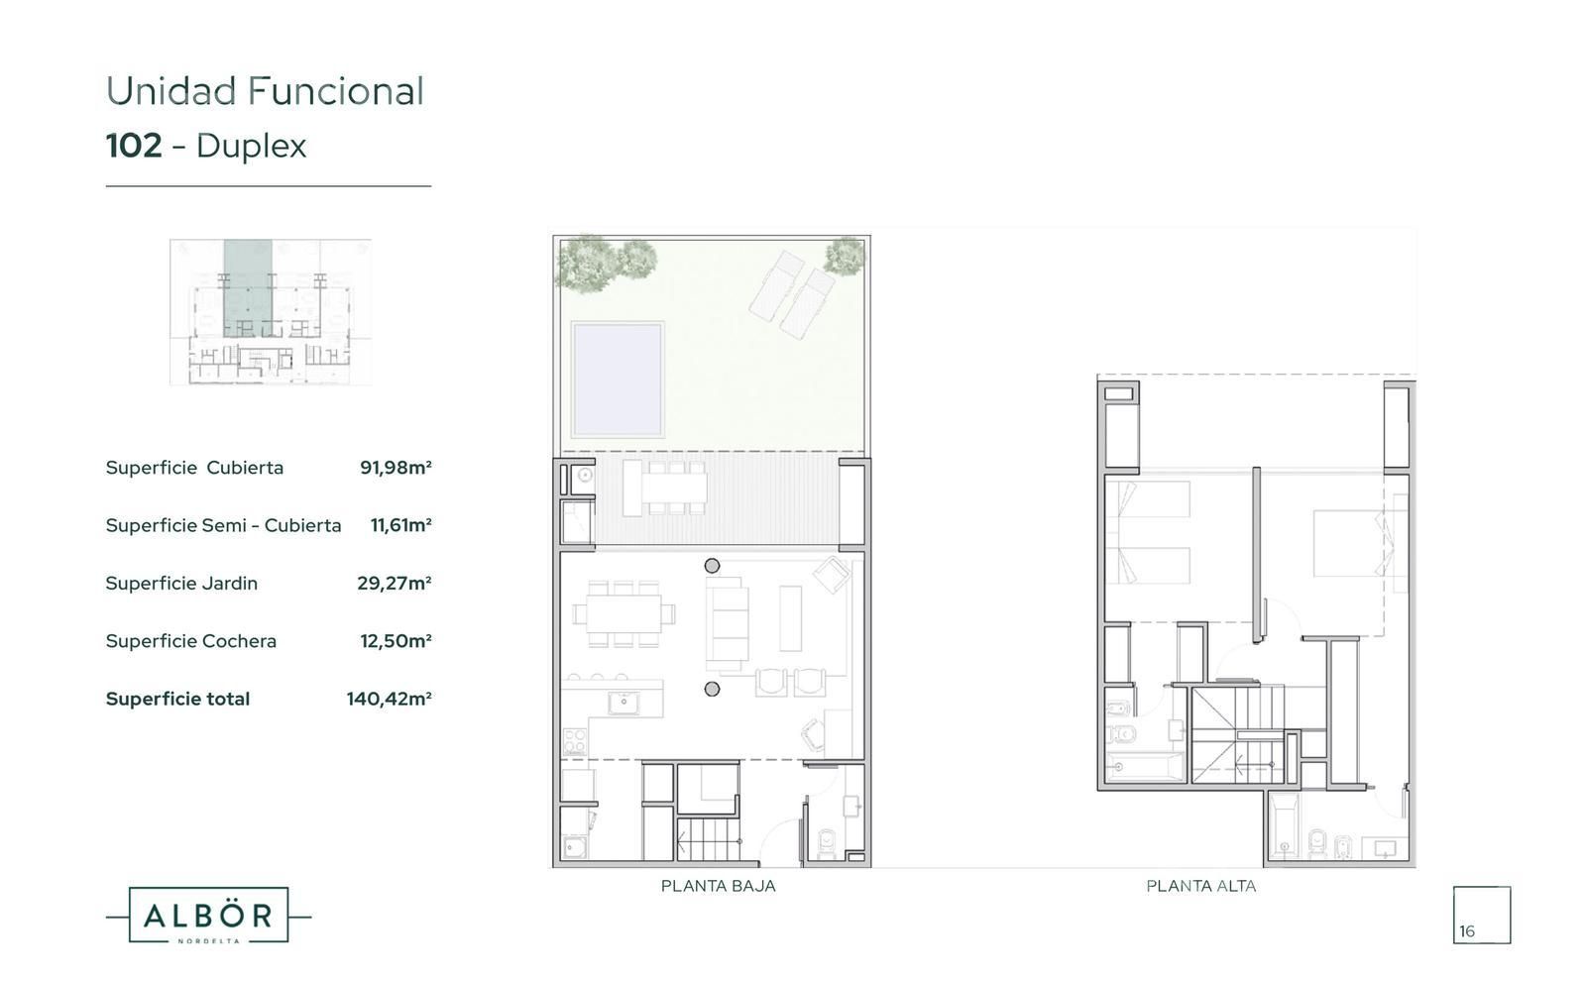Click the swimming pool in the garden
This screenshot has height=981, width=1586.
(618, 379)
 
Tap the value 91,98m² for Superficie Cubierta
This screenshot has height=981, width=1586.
(396, 467)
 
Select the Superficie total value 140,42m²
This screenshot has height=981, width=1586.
(389, 699)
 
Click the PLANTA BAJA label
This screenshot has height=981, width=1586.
(718, 886)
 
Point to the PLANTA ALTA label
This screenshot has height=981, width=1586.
(1200, 886)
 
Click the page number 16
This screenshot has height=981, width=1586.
(1466, 931)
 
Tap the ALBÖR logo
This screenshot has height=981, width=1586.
(208, 916)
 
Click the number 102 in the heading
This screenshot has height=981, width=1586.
(134, 146)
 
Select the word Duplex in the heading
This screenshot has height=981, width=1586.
(252, 148)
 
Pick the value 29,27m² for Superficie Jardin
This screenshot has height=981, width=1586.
(395, 584)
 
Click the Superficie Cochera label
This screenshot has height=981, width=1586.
(191, 641)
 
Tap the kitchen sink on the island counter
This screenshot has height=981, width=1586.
(623, 703)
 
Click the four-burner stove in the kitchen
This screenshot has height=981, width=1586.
(574, 742)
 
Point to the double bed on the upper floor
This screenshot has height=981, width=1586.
(1349, 544)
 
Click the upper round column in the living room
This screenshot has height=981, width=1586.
(713, 566)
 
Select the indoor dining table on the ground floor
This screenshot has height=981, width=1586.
(623, 613)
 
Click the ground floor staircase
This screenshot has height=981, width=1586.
(708, 840)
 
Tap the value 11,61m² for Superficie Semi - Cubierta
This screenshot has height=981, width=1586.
(400, 525)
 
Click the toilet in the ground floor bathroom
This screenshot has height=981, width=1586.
(827, 842)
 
